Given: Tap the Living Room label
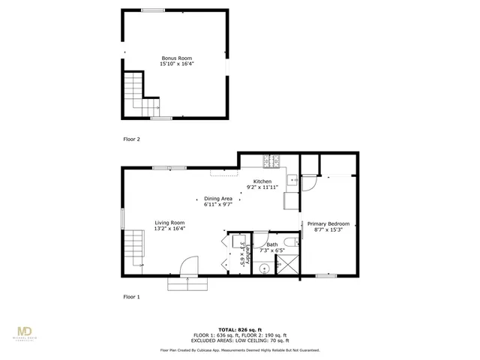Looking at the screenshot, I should (170, 222).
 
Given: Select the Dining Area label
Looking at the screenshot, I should (218, 198).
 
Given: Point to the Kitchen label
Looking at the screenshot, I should (262, 181).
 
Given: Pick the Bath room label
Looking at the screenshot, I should (271, 244).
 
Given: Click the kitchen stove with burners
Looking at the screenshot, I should (271, 160).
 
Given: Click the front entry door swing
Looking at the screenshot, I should (187, 267).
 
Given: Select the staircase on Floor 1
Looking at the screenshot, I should (134, 247).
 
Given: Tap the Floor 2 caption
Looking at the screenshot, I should (132, 139).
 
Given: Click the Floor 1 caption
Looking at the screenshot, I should (132, 297).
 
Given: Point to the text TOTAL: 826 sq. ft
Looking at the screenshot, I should (240, 329).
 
